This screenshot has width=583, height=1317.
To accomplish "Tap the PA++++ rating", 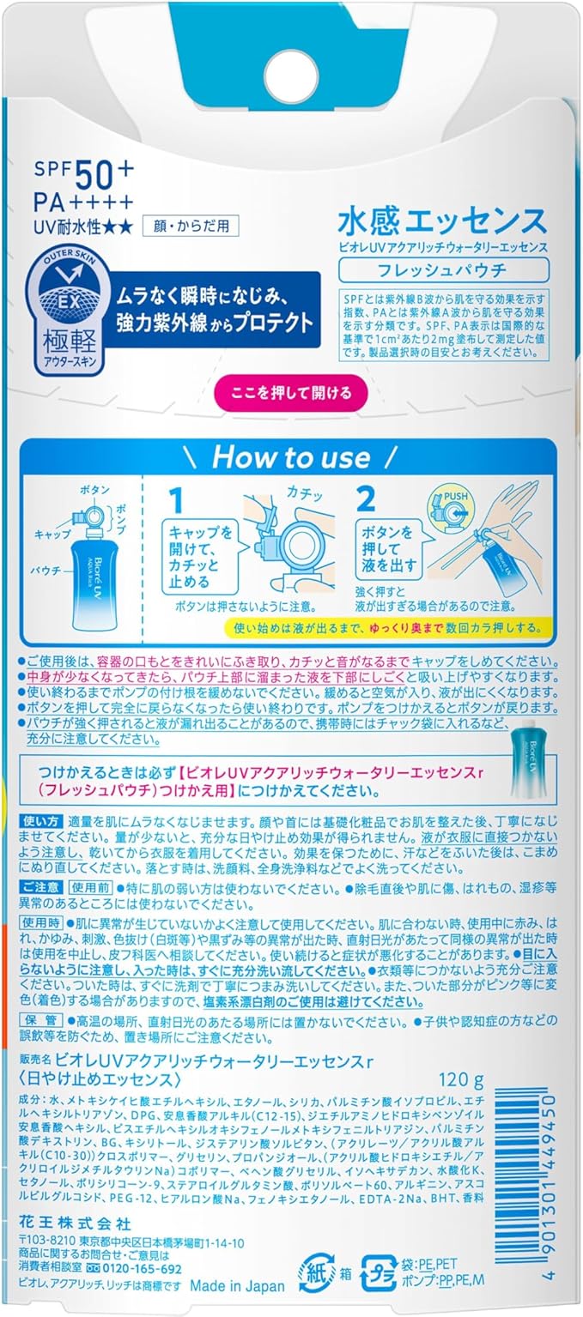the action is click(x=83, y=202).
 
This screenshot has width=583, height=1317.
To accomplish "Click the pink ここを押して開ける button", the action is click(x=291, y=393).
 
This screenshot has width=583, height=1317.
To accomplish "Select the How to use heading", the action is click(x=290, y=457).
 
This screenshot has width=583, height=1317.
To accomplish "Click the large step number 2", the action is click(x=365, y=499).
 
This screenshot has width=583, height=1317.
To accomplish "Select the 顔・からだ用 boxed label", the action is click(x=191, y=226).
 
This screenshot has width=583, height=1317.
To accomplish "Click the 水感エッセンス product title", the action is click(x=443, y=221).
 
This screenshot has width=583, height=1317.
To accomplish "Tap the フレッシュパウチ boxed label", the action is click(x=443, y=270).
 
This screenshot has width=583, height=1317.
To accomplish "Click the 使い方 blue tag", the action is click(x=40, y=820).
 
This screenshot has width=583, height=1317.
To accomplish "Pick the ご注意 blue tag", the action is click(x=40, y=887).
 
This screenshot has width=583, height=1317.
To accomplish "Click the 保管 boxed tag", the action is click(x=41, y=1020).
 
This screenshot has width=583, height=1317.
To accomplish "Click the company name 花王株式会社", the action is click(x=75, y=1208).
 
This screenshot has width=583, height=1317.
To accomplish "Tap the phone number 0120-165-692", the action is click(x=142, y=1269).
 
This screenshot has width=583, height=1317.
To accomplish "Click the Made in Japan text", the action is click(x=237, y=1286).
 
